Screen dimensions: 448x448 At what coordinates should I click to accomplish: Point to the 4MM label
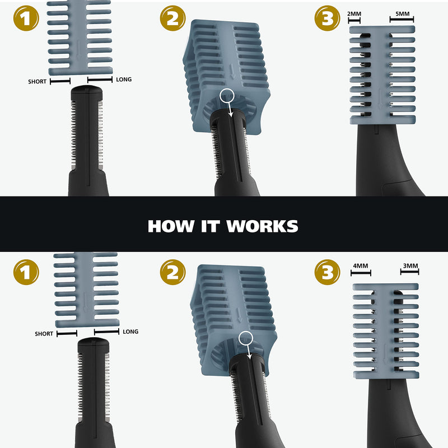pyautogui.click(x=361, y=265)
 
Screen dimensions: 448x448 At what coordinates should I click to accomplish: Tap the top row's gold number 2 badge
pyautogui.click(x=173, y=19)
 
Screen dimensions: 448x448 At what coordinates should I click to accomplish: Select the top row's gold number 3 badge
pyautogui.click(x=328, y=19)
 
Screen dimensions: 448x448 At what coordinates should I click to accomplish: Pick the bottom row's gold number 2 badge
pyautogui.click(x=173, y=273)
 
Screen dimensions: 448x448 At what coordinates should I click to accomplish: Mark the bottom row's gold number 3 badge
pyautogui.click(x=328, y=273)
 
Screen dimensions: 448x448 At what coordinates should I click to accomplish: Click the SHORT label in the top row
pyautogui.click(x=37, y=82)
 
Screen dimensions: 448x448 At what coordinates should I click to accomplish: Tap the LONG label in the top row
pyautogui.click(x=124, y=80)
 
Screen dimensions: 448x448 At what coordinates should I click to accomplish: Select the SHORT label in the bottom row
pyautogui.click(x=44, y=334)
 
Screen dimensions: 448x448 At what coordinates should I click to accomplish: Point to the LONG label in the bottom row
pyautogui.click(x=130, y=332)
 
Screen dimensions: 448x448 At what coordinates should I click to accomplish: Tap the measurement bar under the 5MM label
pyautogui.click(x=402, y=20)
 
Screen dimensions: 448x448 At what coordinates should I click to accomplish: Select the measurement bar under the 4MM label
pyautogui.click(x=361, y=273)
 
